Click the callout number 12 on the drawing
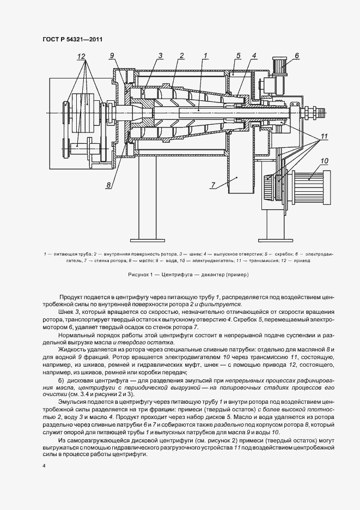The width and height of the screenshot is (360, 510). pyautogui.click(x=81, y=57)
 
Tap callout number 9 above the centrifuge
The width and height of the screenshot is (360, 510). pyautogui.click(x=112, y=55)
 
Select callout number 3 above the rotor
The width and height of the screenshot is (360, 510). pyautogui.click(x=161, y=55)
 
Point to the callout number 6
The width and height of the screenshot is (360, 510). pyautogui.click(x=297, y=55)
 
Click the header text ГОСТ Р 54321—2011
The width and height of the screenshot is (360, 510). pyautogui.click(x=72, y=39)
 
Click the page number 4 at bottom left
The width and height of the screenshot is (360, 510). pyautogui.click(x=43, y=466)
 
